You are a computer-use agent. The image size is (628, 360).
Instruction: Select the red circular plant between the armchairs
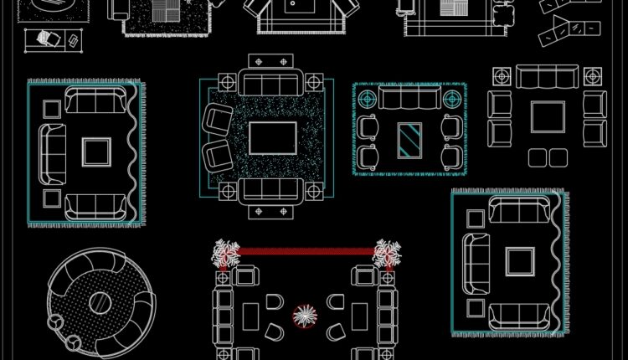tap(305, 316)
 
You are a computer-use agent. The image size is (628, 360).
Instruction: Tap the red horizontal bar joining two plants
tap(306, 250)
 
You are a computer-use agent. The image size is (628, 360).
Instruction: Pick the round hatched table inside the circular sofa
tap(100, 302)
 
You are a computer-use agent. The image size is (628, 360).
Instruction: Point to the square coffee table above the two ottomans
tap(548, 117)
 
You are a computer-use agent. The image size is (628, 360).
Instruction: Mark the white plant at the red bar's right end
tap(388, 253)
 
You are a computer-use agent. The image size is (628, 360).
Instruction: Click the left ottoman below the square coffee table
tap(538, 157)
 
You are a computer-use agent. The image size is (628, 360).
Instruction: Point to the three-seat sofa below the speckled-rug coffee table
tap(272, 191)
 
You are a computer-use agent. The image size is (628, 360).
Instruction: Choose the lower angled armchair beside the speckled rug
tap(219, 155)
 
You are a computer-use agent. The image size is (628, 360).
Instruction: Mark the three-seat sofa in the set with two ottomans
tap(548, 77)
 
